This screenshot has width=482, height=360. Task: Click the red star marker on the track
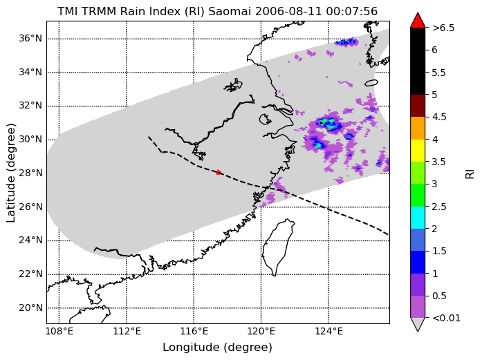[219, 172]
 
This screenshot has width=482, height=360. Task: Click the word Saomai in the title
[230, 11]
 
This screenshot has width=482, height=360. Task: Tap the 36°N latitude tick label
[30, 39]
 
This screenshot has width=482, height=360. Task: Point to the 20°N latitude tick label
[30, 307]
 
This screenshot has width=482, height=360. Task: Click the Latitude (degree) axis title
[10, 173]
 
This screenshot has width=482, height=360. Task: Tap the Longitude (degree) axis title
[217, 348]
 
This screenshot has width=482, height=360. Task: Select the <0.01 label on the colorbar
[446, 318]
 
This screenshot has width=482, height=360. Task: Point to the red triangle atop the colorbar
[418, 21]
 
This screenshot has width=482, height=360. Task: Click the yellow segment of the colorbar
[418, 151]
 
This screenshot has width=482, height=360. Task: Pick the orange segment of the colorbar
[418, 128]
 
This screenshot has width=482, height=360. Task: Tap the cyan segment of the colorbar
[418, 218]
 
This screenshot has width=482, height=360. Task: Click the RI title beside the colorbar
[470, 174]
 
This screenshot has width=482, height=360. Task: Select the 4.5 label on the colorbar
[439, 117]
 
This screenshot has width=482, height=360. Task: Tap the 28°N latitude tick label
[30, 173]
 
